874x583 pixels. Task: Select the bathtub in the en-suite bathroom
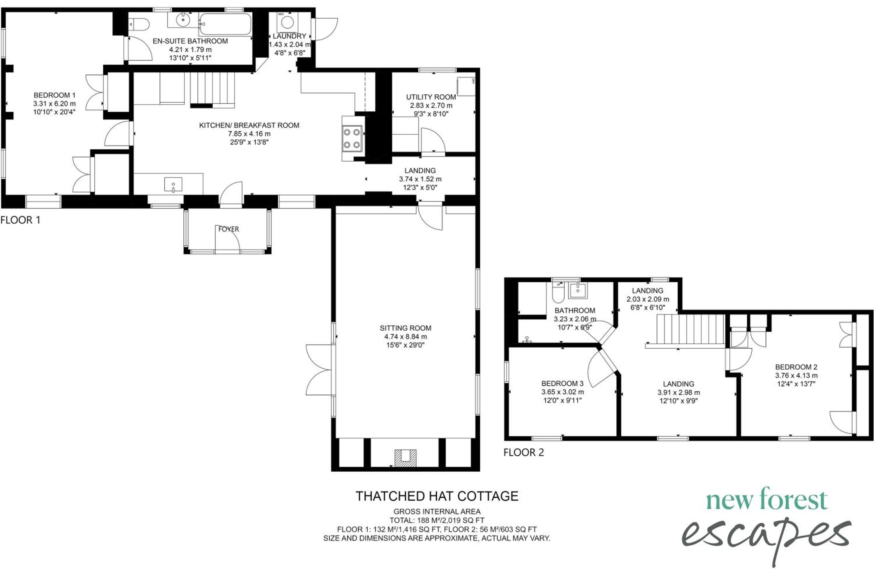click(225, 24)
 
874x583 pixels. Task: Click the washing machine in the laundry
click(287, 22)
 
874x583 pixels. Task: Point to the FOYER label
click(228, 229)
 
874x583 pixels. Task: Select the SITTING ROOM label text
click(406, 328)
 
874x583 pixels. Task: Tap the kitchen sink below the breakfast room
click(173, 185)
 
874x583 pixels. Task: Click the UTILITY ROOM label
click(431, 97)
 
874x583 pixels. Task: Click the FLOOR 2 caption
click(524, 452)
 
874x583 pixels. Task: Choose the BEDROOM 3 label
click(562, 383)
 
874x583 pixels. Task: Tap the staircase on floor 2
click(690, 329)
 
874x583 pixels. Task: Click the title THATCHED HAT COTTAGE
click(437, 496)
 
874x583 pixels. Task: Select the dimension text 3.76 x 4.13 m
click(796, 375)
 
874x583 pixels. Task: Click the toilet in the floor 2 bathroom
click(558, 293)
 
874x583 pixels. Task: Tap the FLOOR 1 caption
click(20, 220)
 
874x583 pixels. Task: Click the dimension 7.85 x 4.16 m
click(249, 134)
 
